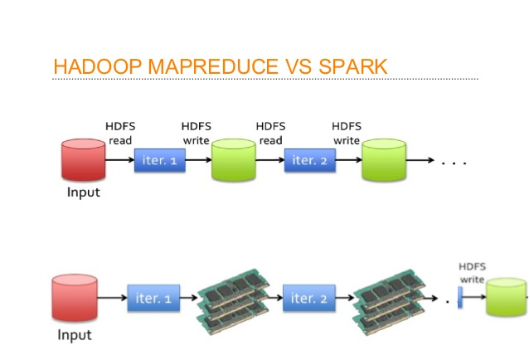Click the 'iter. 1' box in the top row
(x=159, y=160)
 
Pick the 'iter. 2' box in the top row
(x=309, y=160)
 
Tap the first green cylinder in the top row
(x=235, y=160)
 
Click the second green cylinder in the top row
(x=384, y=160)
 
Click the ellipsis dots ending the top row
(x=454, y=163)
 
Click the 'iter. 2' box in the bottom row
(x=308, y=297)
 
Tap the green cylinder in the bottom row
(x=507, y=297)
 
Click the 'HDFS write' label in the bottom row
(x=473, y=273)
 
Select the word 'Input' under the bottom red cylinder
(x=75, y=335)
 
